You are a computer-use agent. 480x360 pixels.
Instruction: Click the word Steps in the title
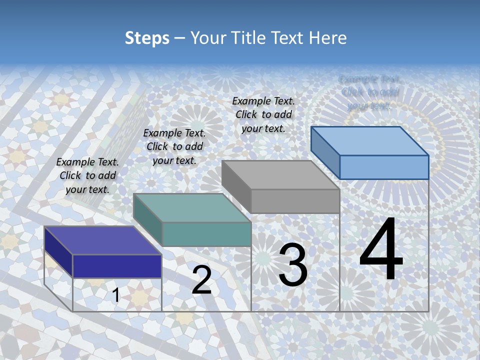(147, 38)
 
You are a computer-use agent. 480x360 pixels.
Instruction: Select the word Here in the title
(327, 38)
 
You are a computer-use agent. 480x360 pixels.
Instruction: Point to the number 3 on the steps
(292, 265)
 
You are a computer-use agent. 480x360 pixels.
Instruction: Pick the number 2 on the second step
(201, 280)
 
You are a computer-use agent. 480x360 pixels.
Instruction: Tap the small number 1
(115, 295)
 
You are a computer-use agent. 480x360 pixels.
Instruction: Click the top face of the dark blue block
(102, 240)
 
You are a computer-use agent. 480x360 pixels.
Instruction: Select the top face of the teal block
(191, 208)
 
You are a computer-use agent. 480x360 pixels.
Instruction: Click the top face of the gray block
(280, 175)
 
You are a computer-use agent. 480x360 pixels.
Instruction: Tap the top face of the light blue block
(369, 141)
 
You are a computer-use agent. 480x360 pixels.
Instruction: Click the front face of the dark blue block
(117, 266)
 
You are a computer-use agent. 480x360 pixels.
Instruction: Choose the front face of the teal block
(206, 234)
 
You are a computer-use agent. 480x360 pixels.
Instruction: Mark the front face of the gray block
(295, 201)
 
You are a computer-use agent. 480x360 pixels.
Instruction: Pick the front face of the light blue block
(384, 167)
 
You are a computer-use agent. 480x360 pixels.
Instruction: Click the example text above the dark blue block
(87, 175)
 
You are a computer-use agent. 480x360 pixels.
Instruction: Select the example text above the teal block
(174, 146)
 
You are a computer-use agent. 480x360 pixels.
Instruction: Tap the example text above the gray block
(263, 114)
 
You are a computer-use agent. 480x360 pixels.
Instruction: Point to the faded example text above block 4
(369, 92)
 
